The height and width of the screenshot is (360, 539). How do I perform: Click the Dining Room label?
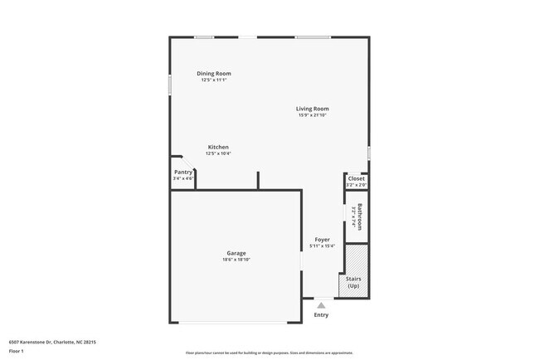213,73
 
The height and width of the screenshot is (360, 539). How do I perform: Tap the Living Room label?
313,108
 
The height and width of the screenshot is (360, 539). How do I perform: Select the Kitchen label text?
217,147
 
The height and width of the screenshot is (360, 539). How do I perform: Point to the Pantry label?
182,172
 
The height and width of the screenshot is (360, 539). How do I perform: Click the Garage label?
236,253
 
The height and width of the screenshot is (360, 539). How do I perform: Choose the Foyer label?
321,239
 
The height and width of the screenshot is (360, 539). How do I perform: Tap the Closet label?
356,178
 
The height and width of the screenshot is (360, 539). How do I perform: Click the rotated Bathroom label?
360,217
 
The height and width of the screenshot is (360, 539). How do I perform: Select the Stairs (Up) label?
355,283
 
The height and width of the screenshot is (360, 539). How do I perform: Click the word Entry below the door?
321,315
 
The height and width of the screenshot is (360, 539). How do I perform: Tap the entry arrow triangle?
321,304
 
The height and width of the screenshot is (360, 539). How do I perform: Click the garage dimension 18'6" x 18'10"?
236,260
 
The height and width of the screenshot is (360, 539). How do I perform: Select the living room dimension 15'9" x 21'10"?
313,114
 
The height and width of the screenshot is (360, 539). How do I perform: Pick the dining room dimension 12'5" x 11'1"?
213,80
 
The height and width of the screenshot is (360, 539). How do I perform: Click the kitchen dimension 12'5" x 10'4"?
217,153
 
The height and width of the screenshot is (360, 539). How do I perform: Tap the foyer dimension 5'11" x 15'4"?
321,246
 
